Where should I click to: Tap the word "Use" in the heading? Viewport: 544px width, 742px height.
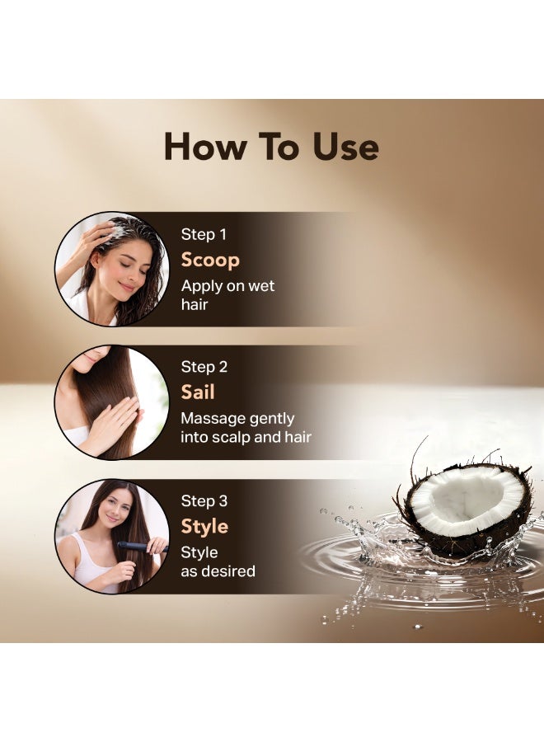345,147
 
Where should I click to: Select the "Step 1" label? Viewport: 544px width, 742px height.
204,234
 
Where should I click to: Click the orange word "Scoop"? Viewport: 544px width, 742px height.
210,261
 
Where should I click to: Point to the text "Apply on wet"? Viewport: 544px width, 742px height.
227,286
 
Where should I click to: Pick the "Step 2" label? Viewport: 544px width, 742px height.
204,367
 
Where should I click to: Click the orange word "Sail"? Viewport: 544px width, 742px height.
198,392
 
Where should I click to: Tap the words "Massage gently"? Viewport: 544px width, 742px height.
237,419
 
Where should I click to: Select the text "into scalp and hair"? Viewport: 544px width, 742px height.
246,437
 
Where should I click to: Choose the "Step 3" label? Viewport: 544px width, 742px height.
204,500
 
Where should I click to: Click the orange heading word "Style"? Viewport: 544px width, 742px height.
205,527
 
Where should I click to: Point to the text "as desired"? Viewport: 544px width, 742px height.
218,571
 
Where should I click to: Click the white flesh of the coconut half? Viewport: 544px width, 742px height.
466,500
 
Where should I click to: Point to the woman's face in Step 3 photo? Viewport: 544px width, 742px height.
115,510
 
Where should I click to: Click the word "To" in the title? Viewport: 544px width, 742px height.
279,147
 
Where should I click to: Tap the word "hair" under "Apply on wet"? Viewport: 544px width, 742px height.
195,303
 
